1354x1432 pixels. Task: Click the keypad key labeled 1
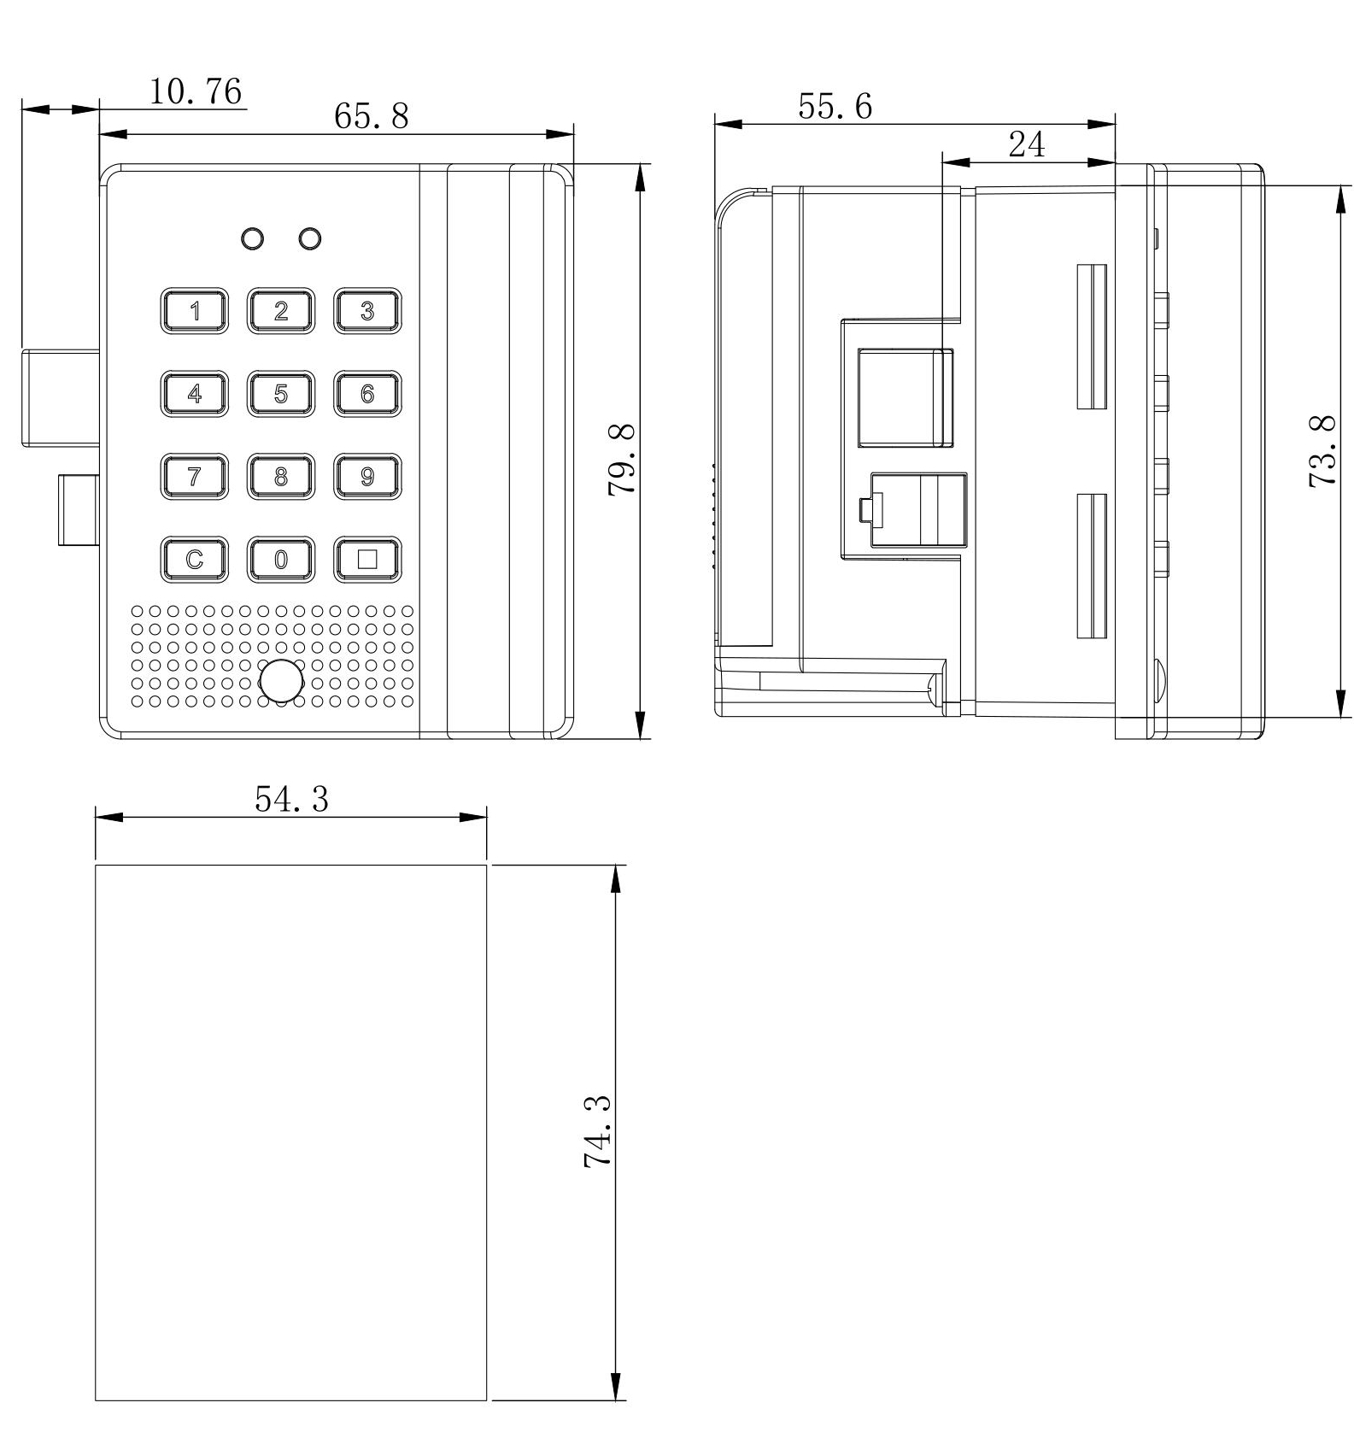[195, 311]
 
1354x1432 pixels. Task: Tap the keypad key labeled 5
[281, 394]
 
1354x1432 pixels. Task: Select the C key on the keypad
[195, 560]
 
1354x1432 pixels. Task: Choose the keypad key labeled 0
[281, 560]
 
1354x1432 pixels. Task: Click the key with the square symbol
[367, 560]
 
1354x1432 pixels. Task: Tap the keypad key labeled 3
[367, 311]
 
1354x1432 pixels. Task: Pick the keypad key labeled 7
[195, 477]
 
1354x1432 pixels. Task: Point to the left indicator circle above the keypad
[253, 238]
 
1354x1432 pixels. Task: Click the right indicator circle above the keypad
[310, 238]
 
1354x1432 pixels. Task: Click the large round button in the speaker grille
[281, 681]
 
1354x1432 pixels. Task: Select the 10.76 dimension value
[196, 91]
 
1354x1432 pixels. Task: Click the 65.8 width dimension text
[372, 115]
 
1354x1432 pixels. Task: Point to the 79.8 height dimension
[622, 459]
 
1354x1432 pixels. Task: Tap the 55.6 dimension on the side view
[835, 106]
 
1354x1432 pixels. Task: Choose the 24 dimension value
[1027, 144]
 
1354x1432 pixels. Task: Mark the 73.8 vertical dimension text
[1322, 451]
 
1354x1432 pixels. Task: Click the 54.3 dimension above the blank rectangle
[292, 799]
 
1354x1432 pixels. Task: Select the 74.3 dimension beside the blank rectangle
[598, 1131]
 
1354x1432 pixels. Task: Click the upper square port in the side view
[906, 397]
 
